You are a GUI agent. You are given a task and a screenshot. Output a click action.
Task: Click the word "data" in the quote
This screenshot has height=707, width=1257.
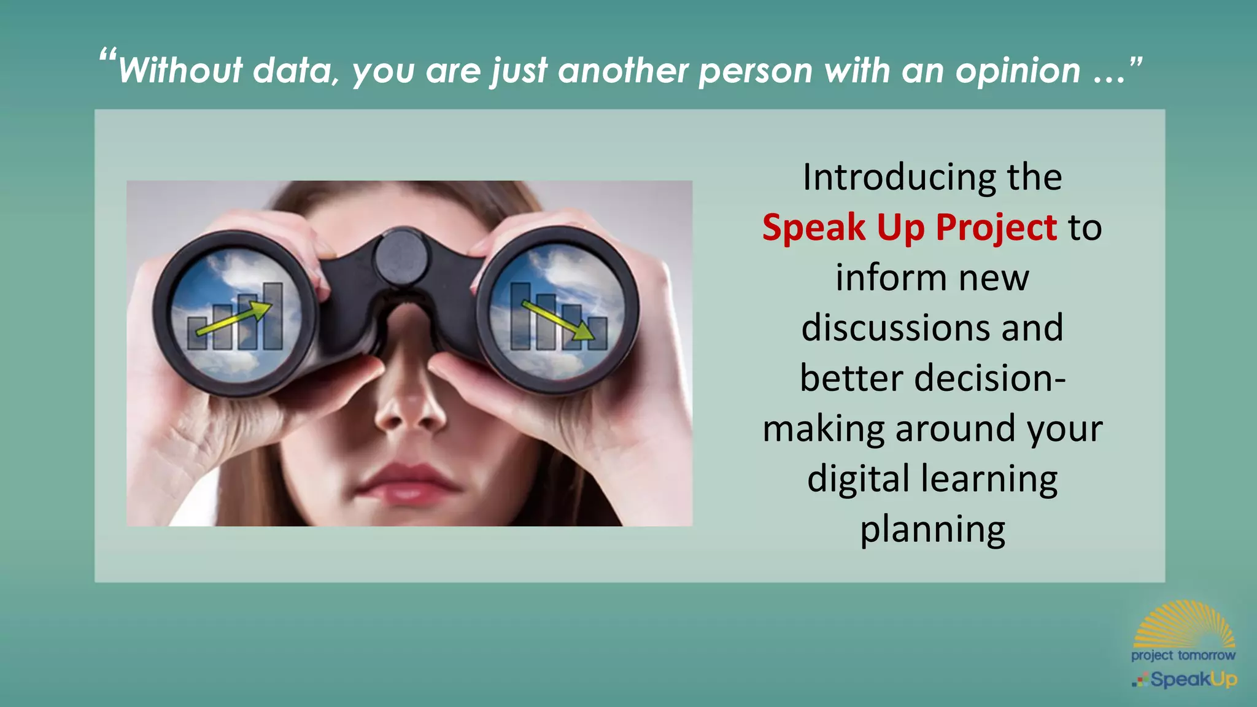click(x=295, y=71)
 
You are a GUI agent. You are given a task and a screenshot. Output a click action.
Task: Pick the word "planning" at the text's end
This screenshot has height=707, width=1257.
click(x=932, y=529)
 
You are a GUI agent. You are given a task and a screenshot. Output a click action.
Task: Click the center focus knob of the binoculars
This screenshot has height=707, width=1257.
click(x=401, y=257)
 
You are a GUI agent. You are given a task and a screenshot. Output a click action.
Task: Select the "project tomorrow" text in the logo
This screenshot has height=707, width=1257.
click(x=1183, y=655)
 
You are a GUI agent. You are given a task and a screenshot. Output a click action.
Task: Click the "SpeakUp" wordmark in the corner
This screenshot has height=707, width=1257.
click(x=1193, y=679)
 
